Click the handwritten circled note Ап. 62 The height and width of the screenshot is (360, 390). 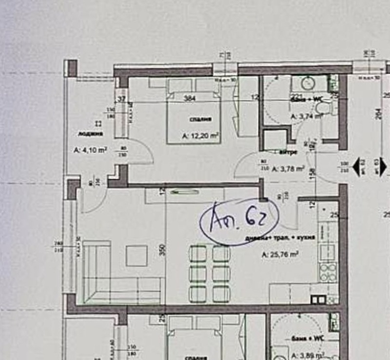point(239,220)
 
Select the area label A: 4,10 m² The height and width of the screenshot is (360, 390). point(90,150)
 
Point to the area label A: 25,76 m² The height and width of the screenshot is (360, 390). point(280,254)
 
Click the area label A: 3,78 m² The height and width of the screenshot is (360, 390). point(288,170)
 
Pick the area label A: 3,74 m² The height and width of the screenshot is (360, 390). point(307,116)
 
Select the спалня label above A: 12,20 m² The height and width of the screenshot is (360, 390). point(198,119)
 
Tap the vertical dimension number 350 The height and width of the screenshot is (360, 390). point(162,249)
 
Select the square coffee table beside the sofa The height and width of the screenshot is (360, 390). point(136,255)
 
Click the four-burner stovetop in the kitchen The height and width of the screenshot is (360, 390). point(328,271)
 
